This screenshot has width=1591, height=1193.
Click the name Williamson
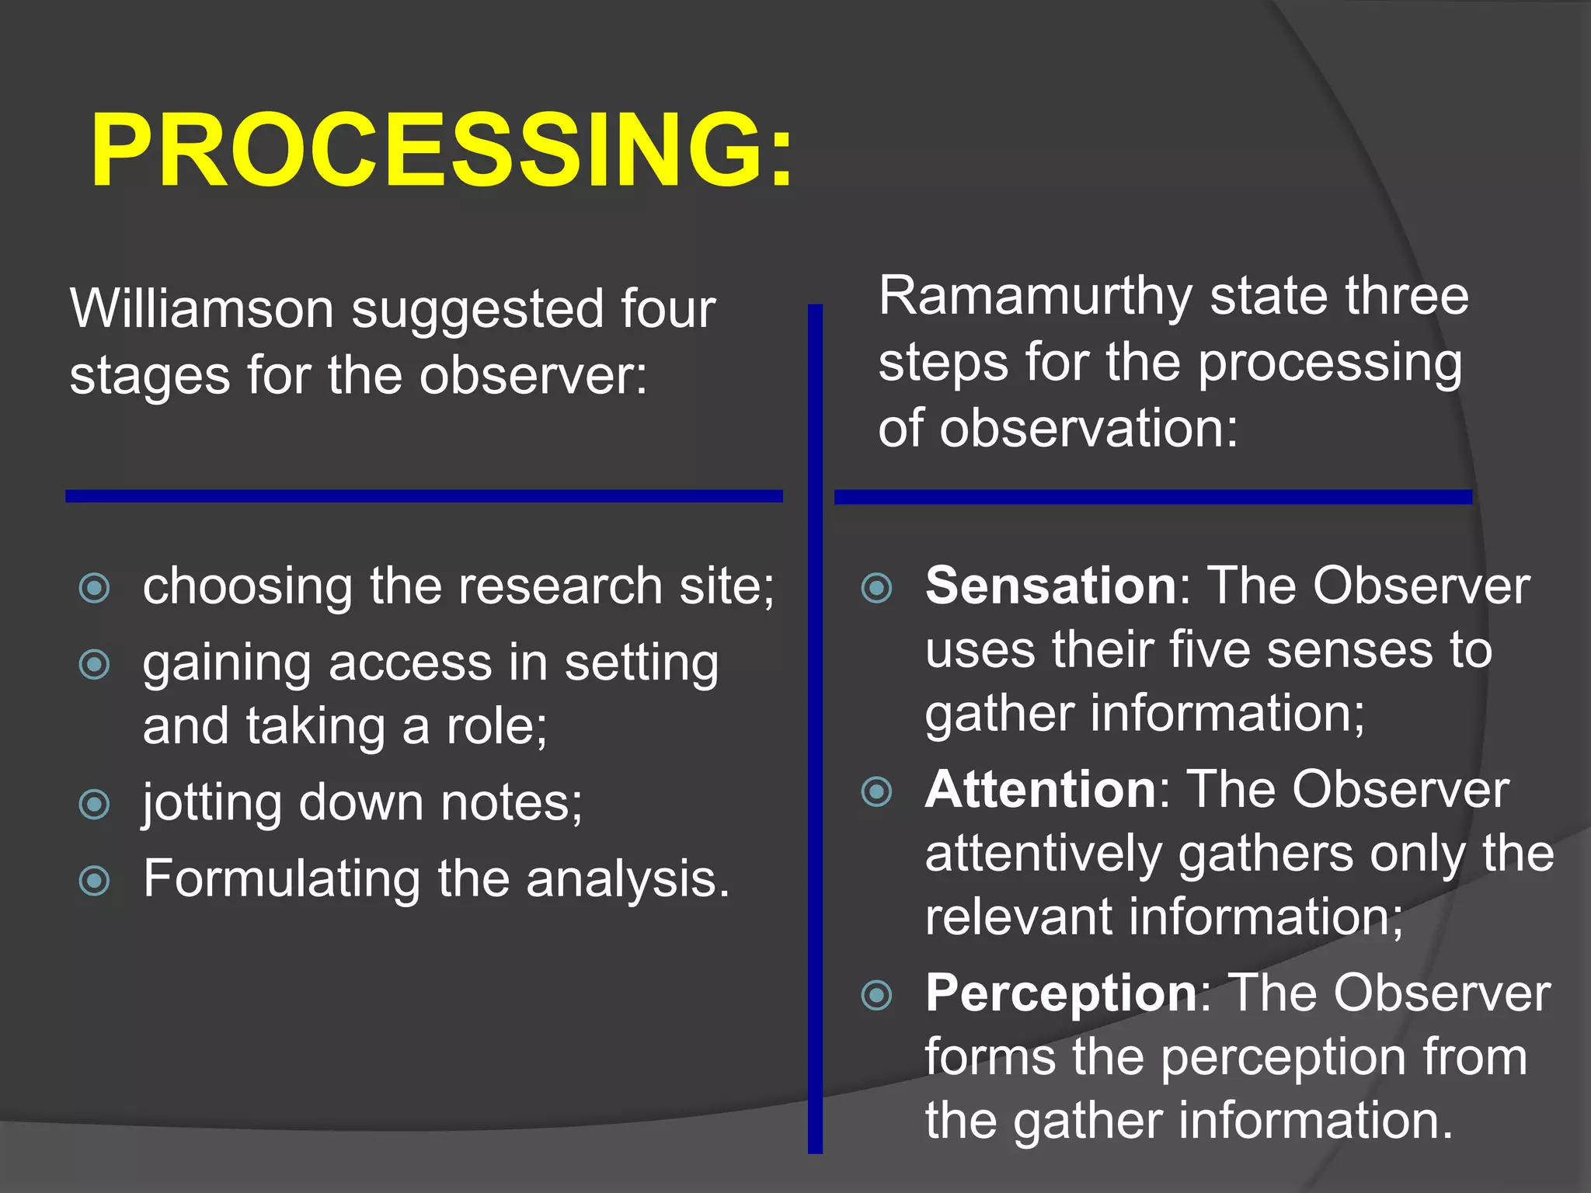202,309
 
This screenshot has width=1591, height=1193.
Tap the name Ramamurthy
1035,297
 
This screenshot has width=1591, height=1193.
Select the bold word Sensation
1051,586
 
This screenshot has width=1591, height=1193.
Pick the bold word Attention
1041,790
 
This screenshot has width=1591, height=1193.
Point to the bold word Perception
1061,993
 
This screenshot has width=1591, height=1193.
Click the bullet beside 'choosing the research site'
95,588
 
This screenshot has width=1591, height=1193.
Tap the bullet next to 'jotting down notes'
95,805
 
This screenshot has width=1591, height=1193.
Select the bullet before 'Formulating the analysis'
95,881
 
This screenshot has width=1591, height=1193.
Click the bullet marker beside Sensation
877,588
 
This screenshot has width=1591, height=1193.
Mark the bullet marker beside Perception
877,995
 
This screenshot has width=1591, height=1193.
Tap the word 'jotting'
211,804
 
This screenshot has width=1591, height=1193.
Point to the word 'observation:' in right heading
1088,429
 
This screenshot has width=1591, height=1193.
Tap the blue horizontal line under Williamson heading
423,496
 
